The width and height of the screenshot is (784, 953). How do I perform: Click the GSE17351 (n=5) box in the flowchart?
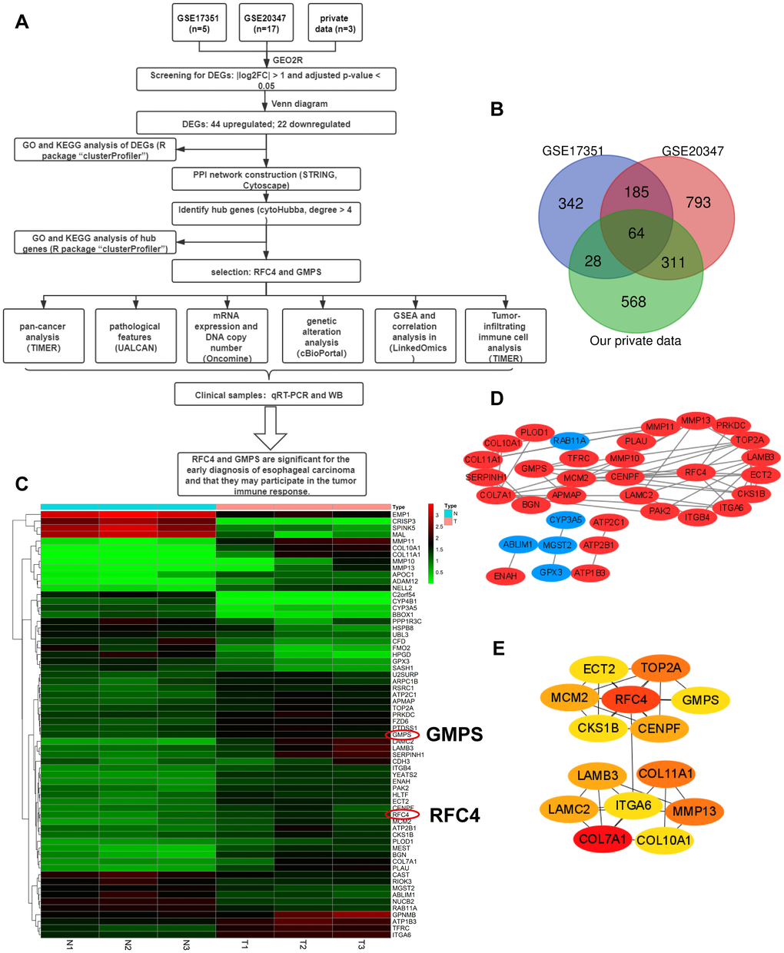click(200, 23)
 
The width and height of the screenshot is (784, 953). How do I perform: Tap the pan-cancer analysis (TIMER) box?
click(42, 337)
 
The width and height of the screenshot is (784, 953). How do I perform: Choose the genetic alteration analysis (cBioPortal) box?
click(321, 337)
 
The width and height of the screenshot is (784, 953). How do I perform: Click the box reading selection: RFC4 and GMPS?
click(266, 271)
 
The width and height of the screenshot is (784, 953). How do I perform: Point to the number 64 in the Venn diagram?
click(636, 233)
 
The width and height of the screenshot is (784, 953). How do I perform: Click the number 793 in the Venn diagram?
click(698, 203)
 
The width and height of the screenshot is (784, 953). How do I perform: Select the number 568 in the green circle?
click(633, 302)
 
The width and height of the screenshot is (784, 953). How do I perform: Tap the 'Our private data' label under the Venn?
click(635, 340)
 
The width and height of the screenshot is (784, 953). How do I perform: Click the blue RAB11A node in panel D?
click(570, 440)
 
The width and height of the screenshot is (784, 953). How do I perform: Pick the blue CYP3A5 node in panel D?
click(566, 520)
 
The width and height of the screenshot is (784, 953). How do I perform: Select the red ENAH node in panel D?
click(505, 576)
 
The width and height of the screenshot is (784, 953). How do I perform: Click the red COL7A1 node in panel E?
click(603, 838)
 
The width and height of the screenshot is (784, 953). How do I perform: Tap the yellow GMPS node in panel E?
click(700, 699)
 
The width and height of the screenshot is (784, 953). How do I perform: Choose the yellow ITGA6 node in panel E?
click(633, 805)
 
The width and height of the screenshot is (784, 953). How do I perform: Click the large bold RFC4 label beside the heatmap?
click(454, 815)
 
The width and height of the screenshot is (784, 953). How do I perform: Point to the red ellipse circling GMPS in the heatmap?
click(403, 735)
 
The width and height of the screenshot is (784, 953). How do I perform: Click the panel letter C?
click(22, 483)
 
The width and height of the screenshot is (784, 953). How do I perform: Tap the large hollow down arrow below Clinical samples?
click(269, 428)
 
